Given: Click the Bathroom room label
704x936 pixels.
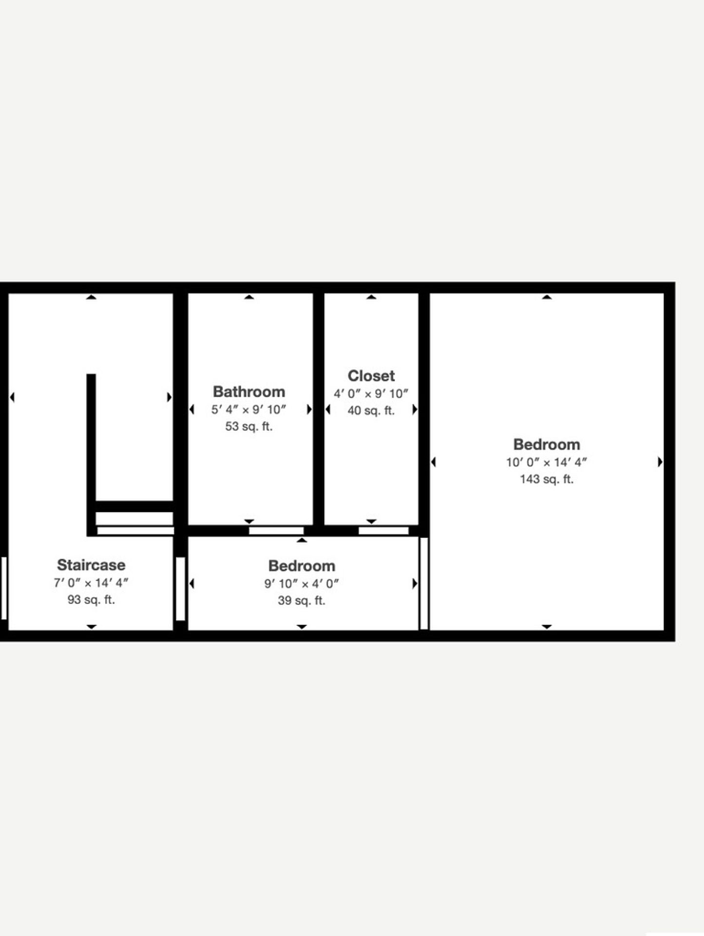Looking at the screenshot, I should click(x=248, y=392).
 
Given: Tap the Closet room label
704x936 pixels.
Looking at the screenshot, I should click(x=371, y=376).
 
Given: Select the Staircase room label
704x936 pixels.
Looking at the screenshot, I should click(x=91, y=565).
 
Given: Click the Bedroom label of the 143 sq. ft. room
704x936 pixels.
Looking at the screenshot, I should click(x=547, y=445).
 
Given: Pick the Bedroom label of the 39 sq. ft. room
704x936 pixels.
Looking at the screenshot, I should click(x=302, y=566).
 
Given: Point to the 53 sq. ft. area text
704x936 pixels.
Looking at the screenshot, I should click(x=248, y=427).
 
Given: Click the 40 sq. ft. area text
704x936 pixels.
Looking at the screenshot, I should click(x=371, y=410).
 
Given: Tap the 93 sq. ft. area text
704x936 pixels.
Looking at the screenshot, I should click(x=91, y=600).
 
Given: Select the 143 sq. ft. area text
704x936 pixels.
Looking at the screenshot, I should click(x=547, y=479).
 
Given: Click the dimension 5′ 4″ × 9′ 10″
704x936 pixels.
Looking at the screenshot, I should click(x=248, y=409).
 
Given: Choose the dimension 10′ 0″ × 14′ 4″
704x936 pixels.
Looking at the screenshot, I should click(x=547, y=462).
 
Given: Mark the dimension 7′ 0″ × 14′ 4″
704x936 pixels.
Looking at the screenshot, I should click(x=91, y=583).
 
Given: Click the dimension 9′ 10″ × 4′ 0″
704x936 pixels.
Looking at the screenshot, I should click(x=302, y=584).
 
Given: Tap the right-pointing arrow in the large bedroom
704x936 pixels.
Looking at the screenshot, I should click(x=660, y=462).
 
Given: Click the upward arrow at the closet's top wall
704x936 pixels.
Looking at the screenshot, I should click(x=371, y=297).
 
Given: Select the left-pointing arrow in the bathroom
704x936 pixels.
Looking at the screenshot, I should click(x=192, y=409).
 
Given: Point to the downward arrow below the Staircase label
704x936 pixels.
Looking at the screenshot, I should click(x=91, y=626).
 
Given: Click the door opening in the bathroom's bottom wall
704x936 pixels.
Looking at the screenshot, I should click(x=276, y=530).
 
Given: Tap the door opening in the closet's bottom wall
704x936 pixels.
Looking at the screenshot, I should click(x=383, y=530).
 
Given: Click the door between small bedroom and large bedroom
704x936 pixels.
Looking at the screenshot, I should click(x=424, y=583).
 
